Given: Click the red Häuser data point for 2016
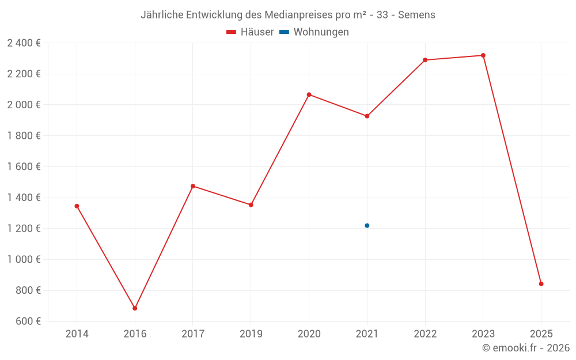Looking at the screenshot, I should [x=135, y=308].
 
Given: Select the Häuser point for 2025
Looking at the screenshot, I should [x=541, y=283].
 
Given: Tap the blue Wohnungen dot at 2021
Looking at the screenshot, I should [x=367, y=226].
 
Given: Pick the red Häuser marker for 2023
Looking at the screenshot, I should [x=483, y=55].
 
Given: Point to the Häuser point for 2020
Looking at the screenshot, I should [x=309, y=94].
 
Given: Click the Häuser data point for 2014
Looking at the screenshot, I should [x=77, y=206].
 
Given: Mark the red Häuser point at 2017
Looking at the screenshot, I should [x=193, y=186].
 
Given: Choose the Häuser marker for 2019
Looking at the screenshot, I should [x=251, y=204].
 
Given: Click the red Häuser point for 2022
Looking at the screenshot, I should [x=425, y=60].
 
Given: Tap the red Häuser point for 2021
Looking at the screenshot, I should [x=367, y=116].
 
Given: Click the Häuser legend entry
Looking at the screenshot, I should [x=250, y=32].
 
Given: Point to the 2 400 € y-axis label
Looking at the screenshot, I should [x=24, y=43].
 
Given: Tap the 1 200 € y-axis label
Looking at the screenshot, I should [x=24, y=229].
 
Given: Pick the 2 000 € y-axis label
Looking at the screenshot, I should [x=24, y=105].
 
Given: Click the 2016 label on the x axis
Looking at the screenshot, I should [x=135, y=334].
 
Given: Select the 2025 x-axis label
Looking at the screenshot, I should [x=541, y=334].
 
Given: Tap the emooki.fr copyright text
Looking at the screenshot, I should [x=526, y=348].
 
